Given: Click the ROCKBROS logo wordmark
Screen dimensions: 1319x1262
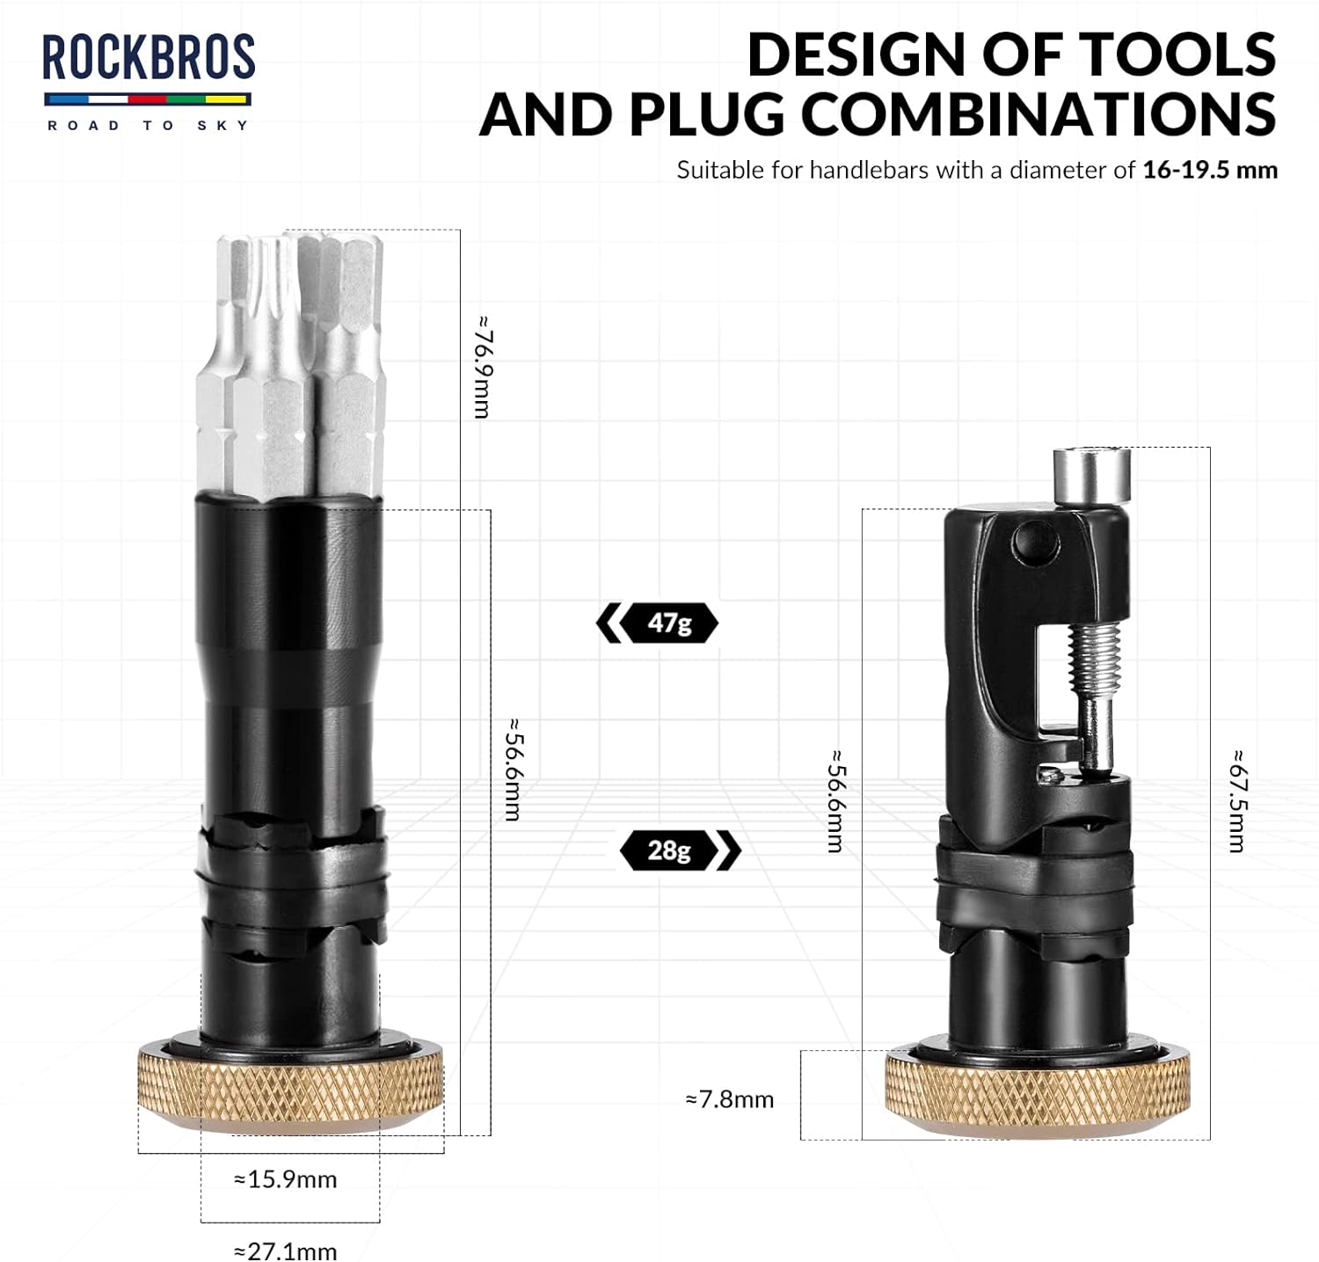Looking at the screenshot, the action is (149, 58).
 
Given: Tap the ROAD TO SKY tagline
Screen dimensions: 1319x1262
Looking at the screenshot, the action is (149, 126).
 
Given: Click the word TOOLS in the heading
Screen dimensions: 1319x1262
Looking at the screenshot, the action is (1177, 55).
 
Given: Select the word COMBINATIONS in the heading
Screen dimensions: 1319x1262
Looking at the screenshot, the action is (1039, 114).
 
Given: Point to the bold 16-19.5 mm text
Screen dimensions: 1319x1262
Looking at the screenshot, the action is (1210, 170).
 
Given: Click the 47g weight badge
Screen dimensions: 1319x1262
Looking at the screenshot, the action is (658, 624).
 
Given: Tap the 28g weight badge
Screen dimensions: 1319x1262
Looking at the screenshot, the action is (681, 850).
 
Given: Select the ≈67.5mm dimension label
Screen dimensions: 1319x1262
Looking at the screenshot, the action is (1237, 800).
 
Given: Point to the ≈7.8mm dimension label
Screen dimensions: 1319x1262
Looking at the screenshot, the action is (730, 1099).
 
